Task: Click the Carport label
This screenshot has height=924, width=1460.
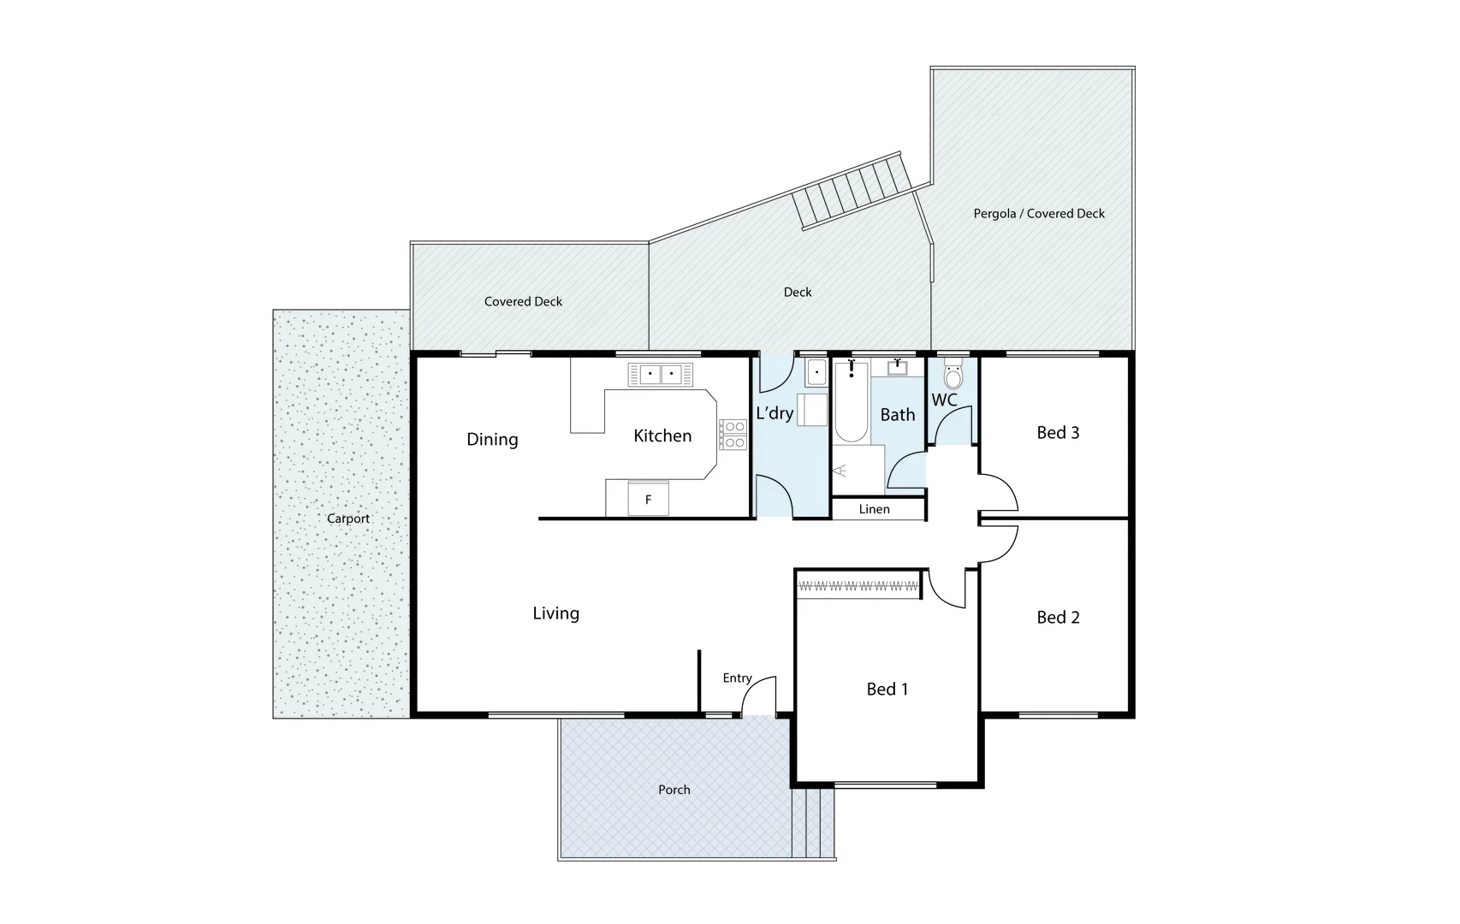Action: click(x=348, y=518)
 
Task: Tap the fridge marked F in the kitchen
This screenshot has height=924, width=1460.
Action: click(x=648, y=500)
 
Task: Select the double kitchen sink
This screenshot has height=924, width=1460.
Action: click(x=661, y=375)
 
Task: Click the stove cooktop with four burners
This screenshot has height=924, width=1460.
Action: click(x=733, y=435)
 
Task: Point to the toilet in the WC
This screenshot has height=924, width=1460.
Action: click(x=953, y=376)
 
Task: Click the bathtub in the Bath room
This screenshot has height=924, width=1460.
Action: click(x=851, y=404)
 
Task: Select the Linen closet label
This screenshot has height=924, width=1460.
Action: click(x=874, y=509)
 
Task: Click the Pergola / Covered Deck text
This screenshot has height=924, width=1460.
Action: click(x=1038, y=214)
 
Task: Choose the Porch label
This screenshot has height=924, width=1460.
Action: click(x=674, y=790)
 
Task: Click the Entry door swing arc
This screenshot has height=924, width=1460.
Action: click(x=758, y=694)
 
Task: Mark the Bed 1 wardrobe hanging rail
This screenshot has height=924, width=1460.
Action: click(x=858, y=587)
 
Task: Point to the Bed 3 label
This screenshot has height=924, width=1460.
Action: click(x=1058, y=433)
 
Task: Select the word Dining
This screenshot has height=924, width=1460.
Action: click(x=492, y=440)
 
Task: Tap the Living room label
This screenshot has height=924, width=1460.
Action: click(x=555, y=613)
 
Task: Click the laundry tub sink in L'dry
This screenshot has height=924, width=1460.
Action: click(x=816, y=373)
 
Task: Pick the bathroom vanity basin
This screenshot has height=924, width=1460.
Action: click(x=897, y=369)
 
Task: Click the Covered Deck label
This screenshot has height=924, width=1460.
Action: click(x=523, y=301)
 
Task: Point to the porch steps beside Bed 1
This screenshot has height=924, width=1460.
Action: click(x=813, y=823)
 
